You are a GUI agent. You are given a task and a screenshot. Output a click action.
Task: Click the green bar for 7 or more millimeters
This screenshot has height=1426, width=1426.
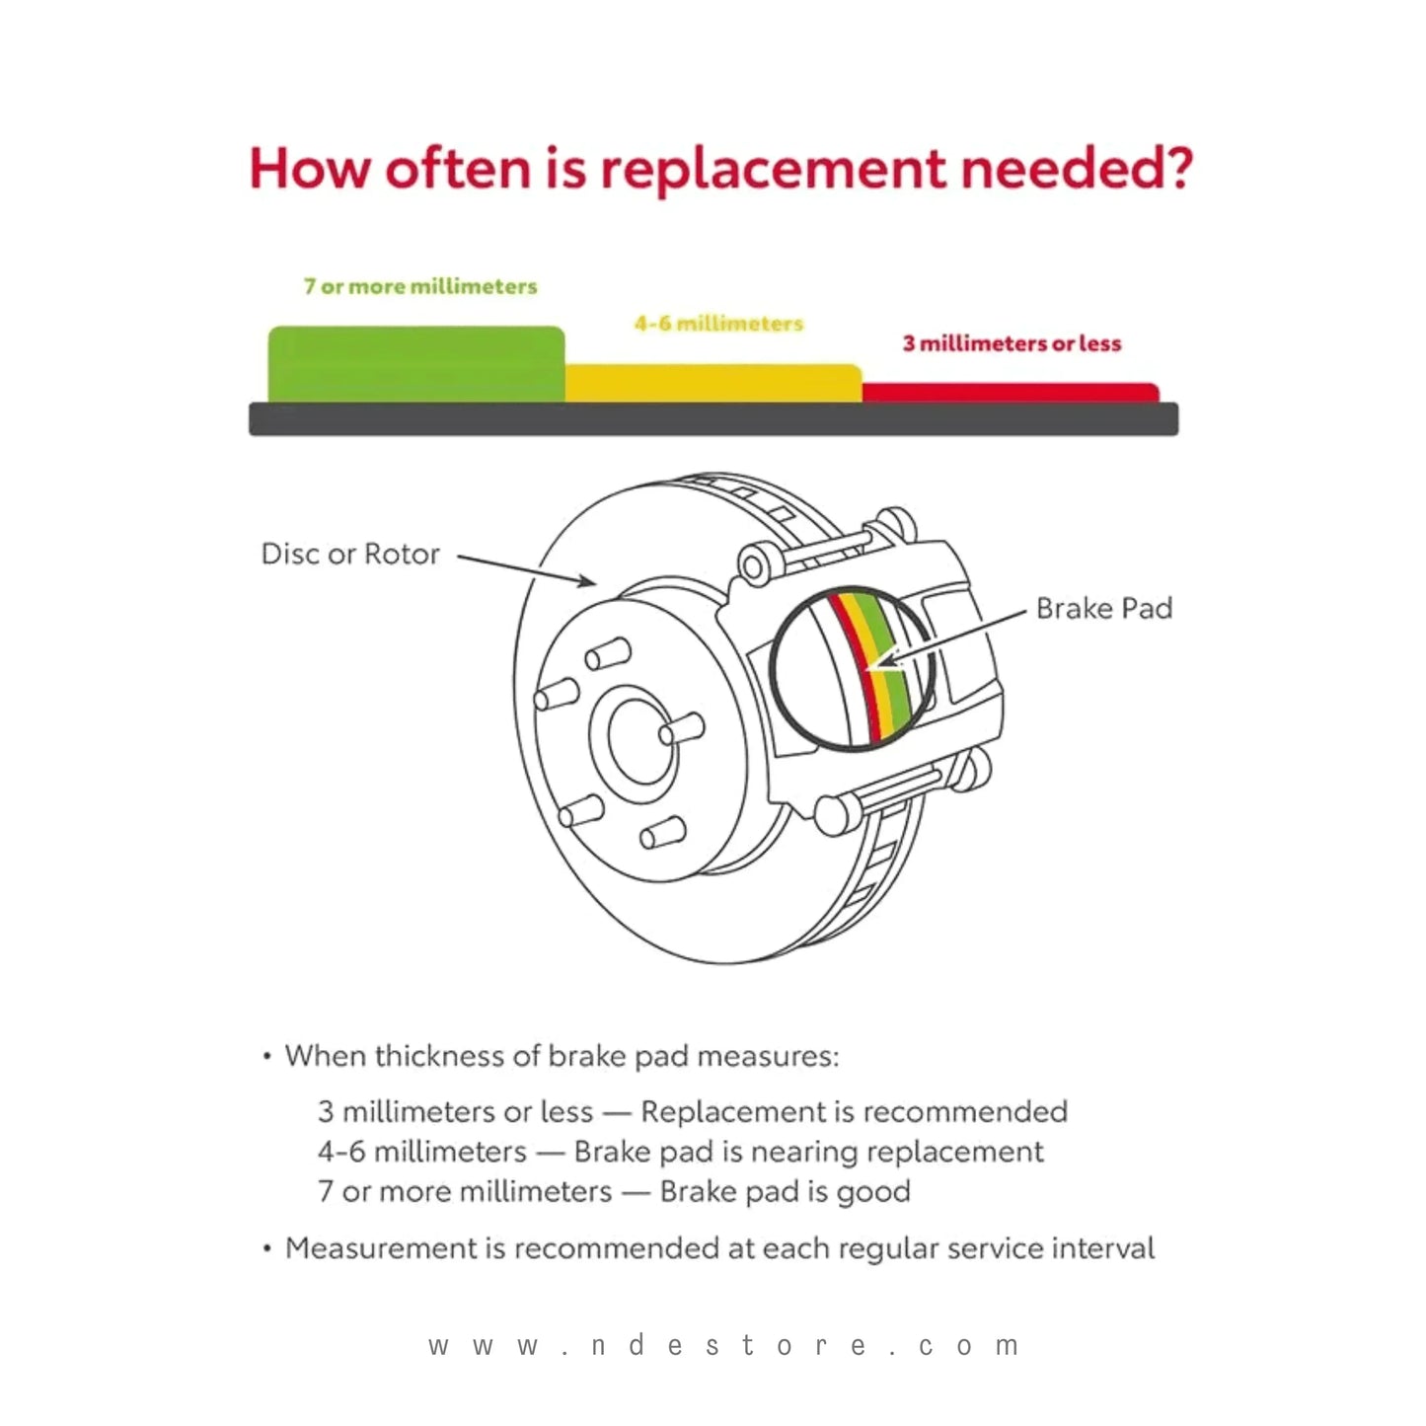[415, 364]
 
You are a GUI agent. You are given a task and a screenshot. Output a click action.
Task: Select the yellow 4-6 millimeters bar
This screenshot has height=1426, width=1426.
[713, 383]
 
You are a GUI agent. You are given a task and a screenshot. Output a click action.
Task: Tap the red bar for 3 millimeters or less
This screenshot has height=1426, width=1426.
[1010, 393]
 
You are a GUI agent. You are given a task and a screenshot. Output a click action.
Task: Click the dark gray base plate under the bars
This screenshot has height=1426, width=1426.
[713, 419]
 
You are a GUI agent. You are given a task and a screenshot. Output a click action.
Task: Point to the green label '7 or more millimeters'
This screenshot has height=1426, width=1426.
[420, 286]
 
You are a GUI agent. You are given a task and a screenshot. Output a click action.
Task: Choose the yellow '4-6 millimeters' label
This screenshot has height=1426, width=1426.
[718, 324]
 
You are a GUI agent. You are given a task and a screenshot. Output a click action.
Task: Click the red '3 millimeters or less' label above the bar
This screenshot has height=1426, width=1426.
[1012, 343]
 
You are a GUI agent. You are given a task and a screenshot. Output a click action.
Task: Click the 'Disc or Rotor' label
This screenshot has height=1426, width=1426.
[350, 554]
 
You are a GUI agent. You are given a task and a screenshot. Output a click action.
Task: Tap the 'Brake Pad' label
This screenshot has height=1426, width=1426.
[1103, 608]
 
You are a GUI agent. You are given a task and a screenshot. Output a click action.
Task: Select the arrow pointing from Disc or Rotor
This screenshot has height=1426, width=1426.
[527, 570]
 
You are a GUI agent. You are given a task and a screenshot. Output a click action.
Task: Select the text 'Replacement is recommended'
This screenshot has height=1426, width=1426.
[854, 1112]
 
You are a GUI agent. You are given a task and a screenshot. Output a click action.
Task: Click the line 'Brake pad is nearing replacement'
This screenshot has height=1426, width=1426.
[808, 1152]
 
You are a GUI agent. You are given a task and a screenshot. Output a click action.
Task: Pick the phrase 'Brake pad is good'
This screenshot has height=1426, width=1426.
[785, 1191]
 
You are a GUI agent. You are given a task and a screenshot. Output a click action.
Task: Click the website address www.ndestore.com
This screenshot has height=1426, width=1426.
[723, 1345]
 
